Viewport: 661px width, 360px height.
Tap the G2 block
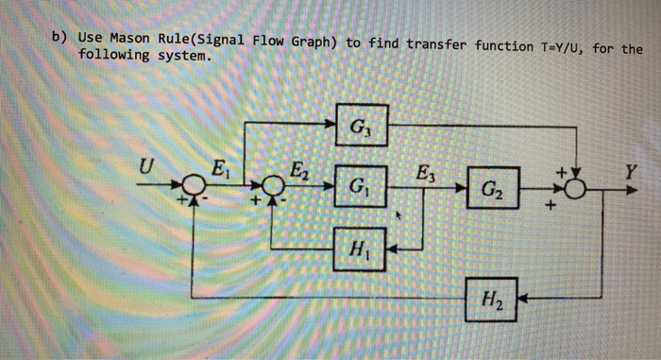(x=492, y=188)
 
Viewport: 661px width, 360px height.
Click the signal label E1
(x=219, y=170)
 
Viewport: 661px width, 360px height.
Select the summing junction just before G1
(x=271, y=188)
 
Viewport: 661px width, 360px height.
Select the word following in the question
(x=112, y=56)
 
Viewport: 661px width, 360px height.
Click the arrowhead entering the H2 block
(x=523, y=300)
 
